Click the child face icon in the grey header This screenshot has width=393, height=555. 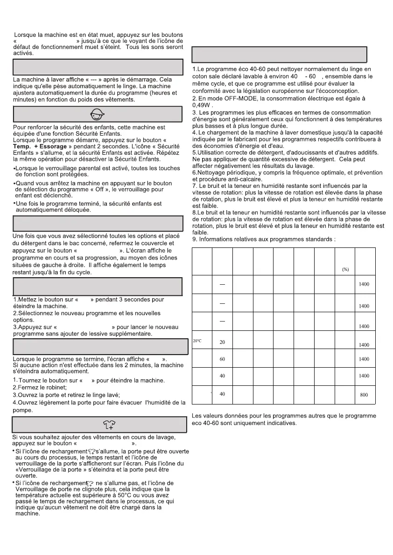97,114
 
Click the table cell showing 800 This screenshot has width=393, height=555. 364,395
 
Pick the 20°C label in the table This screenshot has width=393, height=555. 197,341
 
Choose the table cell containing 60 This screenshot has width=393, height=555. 223,359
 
